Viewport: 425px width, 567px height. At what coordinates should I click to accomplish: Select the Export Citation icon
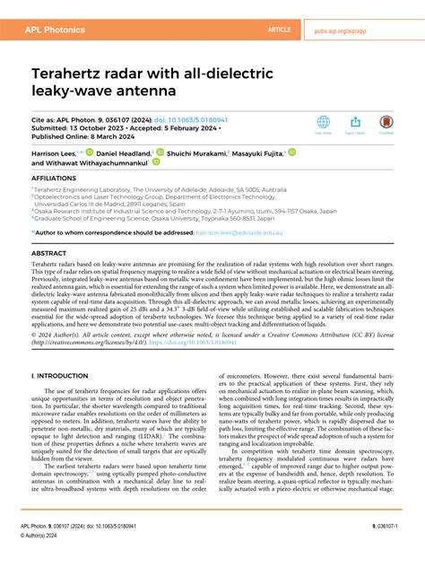[x=354, y=123]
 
